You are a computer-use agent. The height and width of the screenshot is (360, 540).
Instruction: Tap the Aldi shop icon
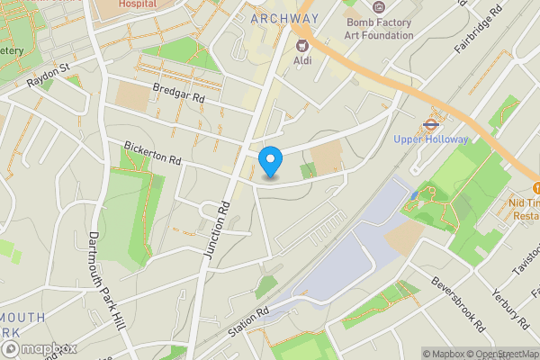303,44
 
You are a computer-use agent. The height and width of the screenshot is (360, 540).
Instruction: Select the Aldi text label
303,60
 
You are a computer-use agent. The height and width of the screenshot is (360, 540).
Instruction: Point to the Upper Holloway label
430,139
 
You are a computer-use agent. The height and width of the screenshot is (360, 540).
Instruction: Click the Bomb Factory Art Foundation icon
378,7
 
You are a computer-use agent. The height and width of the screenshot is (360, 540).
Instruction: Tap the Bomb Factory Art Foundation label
379,28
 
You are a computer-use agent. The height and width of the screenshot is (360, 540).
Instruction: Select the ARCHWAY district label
285,18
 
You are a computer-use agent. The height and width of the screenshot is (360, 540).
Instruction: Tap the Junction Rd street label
218,230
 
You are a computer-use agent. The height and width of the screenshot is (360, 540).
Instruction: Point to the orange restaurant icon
536,187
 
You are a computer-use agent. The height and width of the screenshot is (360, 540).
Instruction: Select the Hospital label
137,4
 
